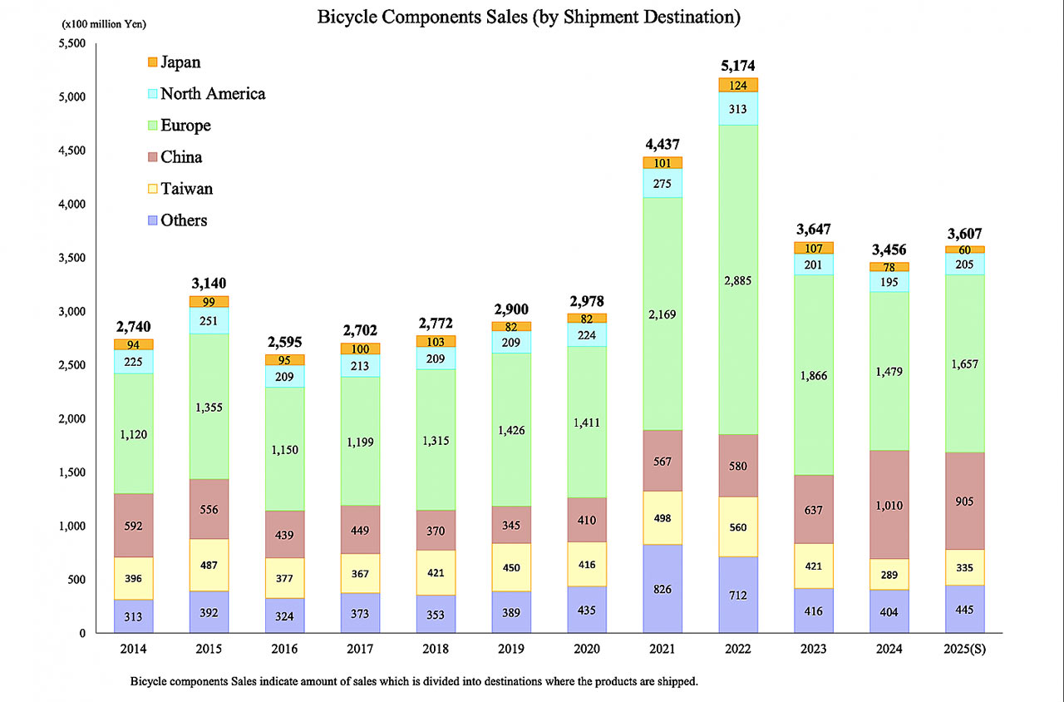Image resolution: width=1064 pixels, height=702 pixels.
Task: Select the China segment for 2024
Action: (x=889, y=504)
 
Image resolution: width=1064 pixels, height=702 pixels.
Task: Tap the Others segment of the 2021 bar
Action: (x=662, y=589)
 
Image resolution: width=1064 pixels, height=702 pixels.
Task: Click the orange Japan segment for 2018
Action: (x=436, y=341)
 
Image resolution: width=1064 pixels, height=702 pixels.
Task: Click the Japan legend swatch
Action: (x=151, y=62)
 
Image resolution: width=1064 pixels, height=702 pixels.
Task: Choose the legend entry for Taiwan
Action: (x=186, y=189)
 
